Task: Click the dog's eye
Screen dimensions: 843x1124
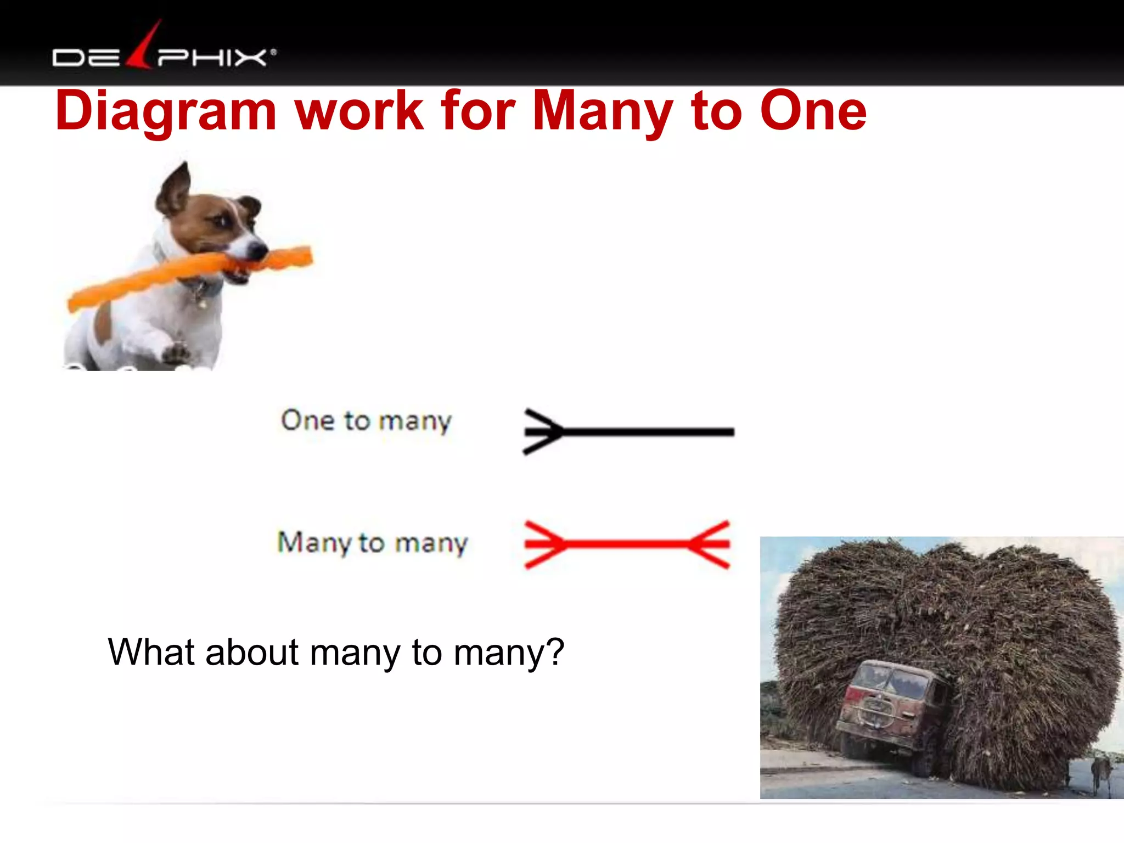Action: [222, 221]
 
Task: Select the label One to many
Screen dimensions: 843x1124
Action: [366, 421]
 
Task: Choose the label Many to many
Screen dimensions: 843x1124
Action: [373, 543]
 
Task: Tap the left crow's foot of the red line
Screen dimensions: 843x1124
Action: [543, 544]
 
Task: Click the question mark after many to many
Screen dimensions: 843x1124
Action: [555, 653]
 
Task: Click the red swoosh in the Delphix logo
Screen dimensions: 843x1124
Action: [144, 47]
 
